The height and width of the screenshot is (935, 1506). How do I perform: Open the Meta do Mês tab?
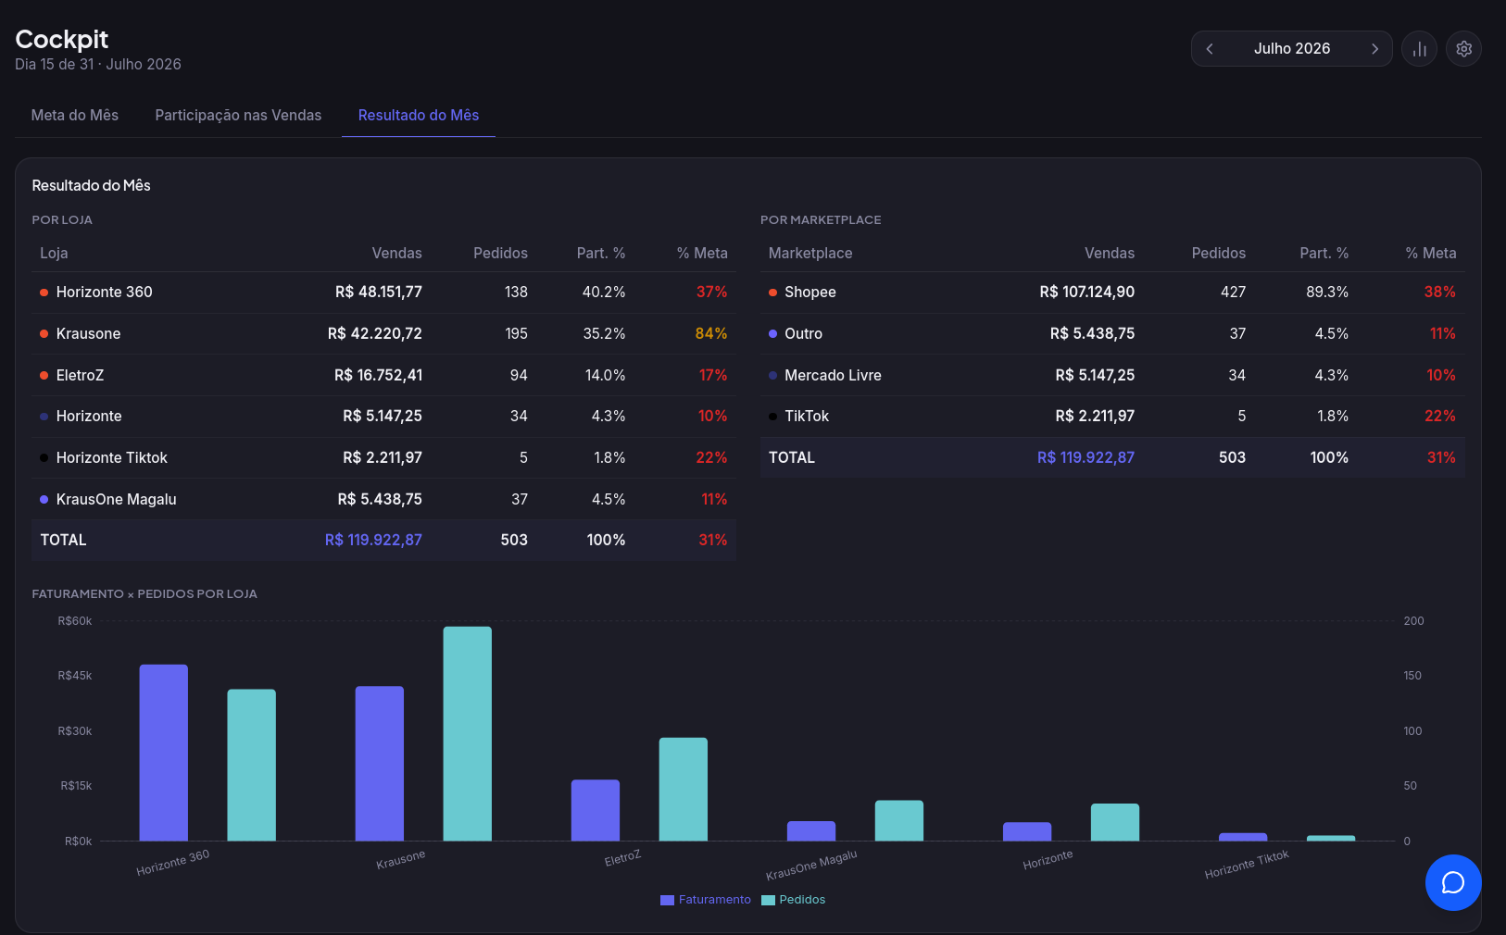click(75, 115)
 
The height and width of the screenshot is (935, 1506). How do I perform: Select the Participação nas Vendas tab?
click(238, 115)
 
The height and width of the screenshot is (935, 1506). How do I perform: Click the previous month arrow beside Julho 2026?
click(1210, 48)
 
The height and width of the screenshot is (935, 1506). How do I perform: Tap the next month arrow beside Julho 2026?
click(1374, 48)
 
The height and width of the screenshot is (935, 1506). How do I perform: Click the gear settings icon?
click(1463, 48)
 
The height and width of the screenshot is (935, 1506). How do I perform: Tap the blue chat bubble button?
click(1453, 882)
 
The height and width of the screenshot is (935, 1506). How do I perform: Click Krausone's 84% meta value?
click(711, 333)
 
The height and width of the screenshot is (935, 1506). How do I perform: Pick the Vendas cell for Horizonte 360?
click(379, 292)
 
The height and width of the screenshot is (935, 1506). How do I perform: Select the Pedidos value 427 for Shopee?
click(1233, 292)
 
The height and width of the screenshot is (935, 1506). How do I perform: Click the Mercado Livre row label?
click(833, 375)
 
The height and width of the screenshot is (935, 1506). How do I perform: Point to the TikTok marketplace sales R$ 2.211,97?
click(1095, 416)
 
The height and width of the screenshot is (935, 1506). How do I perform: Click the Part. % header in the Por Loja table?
click(601, 253)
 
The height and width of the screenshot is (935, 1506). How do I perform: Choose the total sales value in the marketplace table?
click(1086, 457)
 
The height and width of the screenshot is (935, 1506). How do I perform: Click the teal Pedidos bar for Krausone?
click(467, 733)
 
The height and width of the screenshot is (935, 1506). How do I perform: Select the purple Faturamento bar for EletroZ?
click(595, 810)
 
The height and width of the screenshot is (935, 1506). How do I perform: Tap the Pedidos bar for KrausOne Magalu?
click(899, 820)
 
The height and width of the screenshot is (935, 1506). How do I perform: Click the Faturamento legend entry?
click(705, 900)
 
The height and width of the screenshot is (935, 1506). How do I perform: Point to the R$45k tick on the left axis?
click(75, 676)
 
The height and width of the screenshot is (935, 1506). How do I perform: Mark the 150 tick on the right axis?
click(1412, 676)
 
